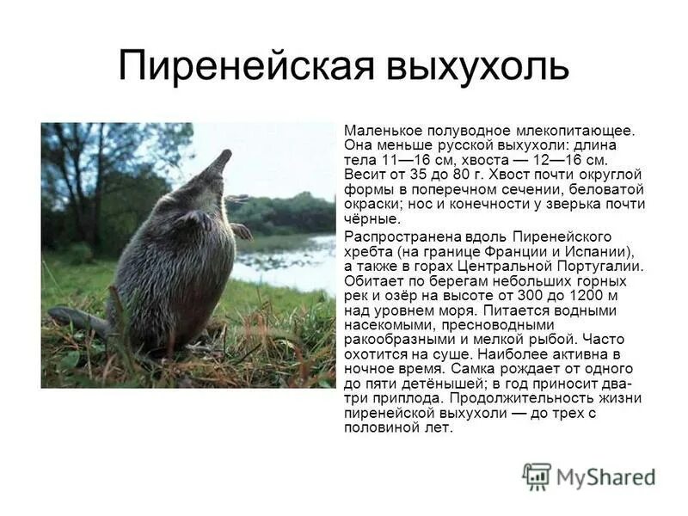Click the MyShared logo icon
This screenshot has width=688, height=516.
click(x=537, y=476)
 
